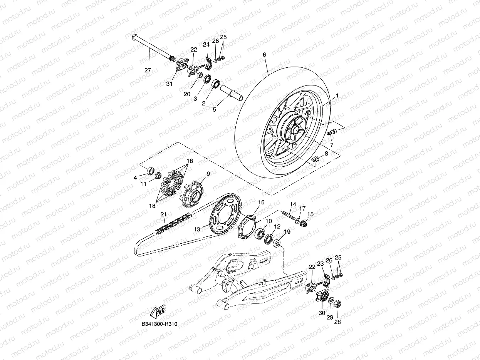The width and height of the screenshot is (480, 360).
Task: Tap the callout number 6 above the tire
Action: click(x=264, y=55)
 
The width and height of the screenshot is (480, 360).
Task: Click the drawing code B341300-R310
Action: click(x=159, y=324)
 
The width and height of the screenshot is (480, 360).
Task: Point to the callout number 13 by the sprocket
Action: click(x=197, y=229)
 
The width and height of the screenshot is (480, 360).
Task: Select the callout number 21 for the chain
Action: click(x=163, y=214)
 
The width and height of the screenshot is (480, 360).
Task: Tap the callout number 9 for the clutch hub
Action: click(x=208, y=174)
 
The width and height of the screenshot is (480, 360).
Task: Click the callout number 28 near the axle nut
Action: click(x=337, y=322)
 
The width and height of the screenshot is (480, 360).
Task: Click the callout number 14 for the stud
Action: click(x=293, y=204)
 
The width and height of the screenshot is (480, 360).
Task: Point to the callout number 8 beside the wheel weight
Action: click(x=326, y=153)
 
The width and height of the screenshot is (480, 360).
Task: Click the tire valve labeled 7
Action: click(x=331, y=133)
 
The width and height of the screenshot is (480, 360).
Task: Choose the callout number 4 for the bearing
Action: click(x=135, y=177)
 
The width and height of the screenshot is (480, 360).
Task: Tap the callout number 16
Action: click(x=261, y=202)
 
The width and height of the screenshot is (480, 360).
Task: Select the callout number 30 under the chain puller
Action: click(x=322, y=313)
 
